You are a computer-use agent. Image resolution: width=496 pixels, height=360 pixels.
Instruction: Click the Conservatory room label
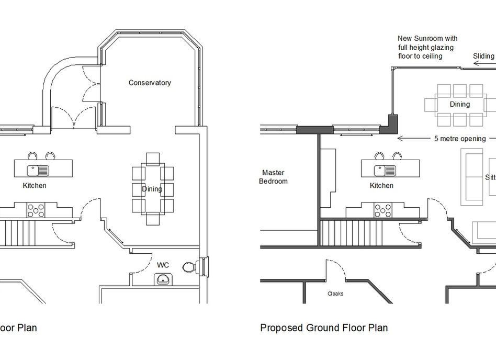[150, 83]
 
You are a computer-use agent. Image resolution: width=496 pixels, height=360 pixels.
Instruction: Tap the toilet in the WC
[189, 267]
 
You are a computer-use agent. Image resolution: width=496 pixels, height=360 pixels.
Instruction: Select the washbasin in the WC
[163, 279]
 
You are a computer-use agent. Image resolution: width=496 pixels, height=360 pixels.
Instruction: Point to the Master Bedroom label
[275, 177]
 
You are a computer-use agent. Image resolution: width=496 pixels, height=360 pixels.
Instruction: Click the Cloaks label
[335, 294]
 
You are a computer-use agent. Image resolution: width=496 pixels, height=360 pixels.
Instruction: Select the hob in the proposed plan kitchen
[382, 210]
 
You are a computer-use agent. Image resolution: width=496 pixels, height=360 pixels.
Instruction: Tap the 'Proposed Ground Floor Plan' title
[324, 328]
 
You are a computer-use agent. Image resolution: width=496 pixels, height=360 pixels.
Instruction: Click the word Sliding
[483, 56]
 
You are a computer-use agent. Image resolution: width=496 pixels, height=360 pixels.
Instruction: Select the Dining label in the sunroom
[460, 104]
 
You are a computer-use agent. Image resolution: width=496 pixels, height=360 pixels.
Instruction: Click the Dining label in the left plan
[152, 189]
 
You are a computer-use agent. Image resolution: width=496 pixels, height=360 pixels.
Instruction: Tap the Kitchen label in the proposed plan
[381, 186]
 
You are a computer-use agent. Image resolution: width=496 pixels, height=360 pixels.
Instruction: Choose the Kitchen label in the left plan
[35, 186]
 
